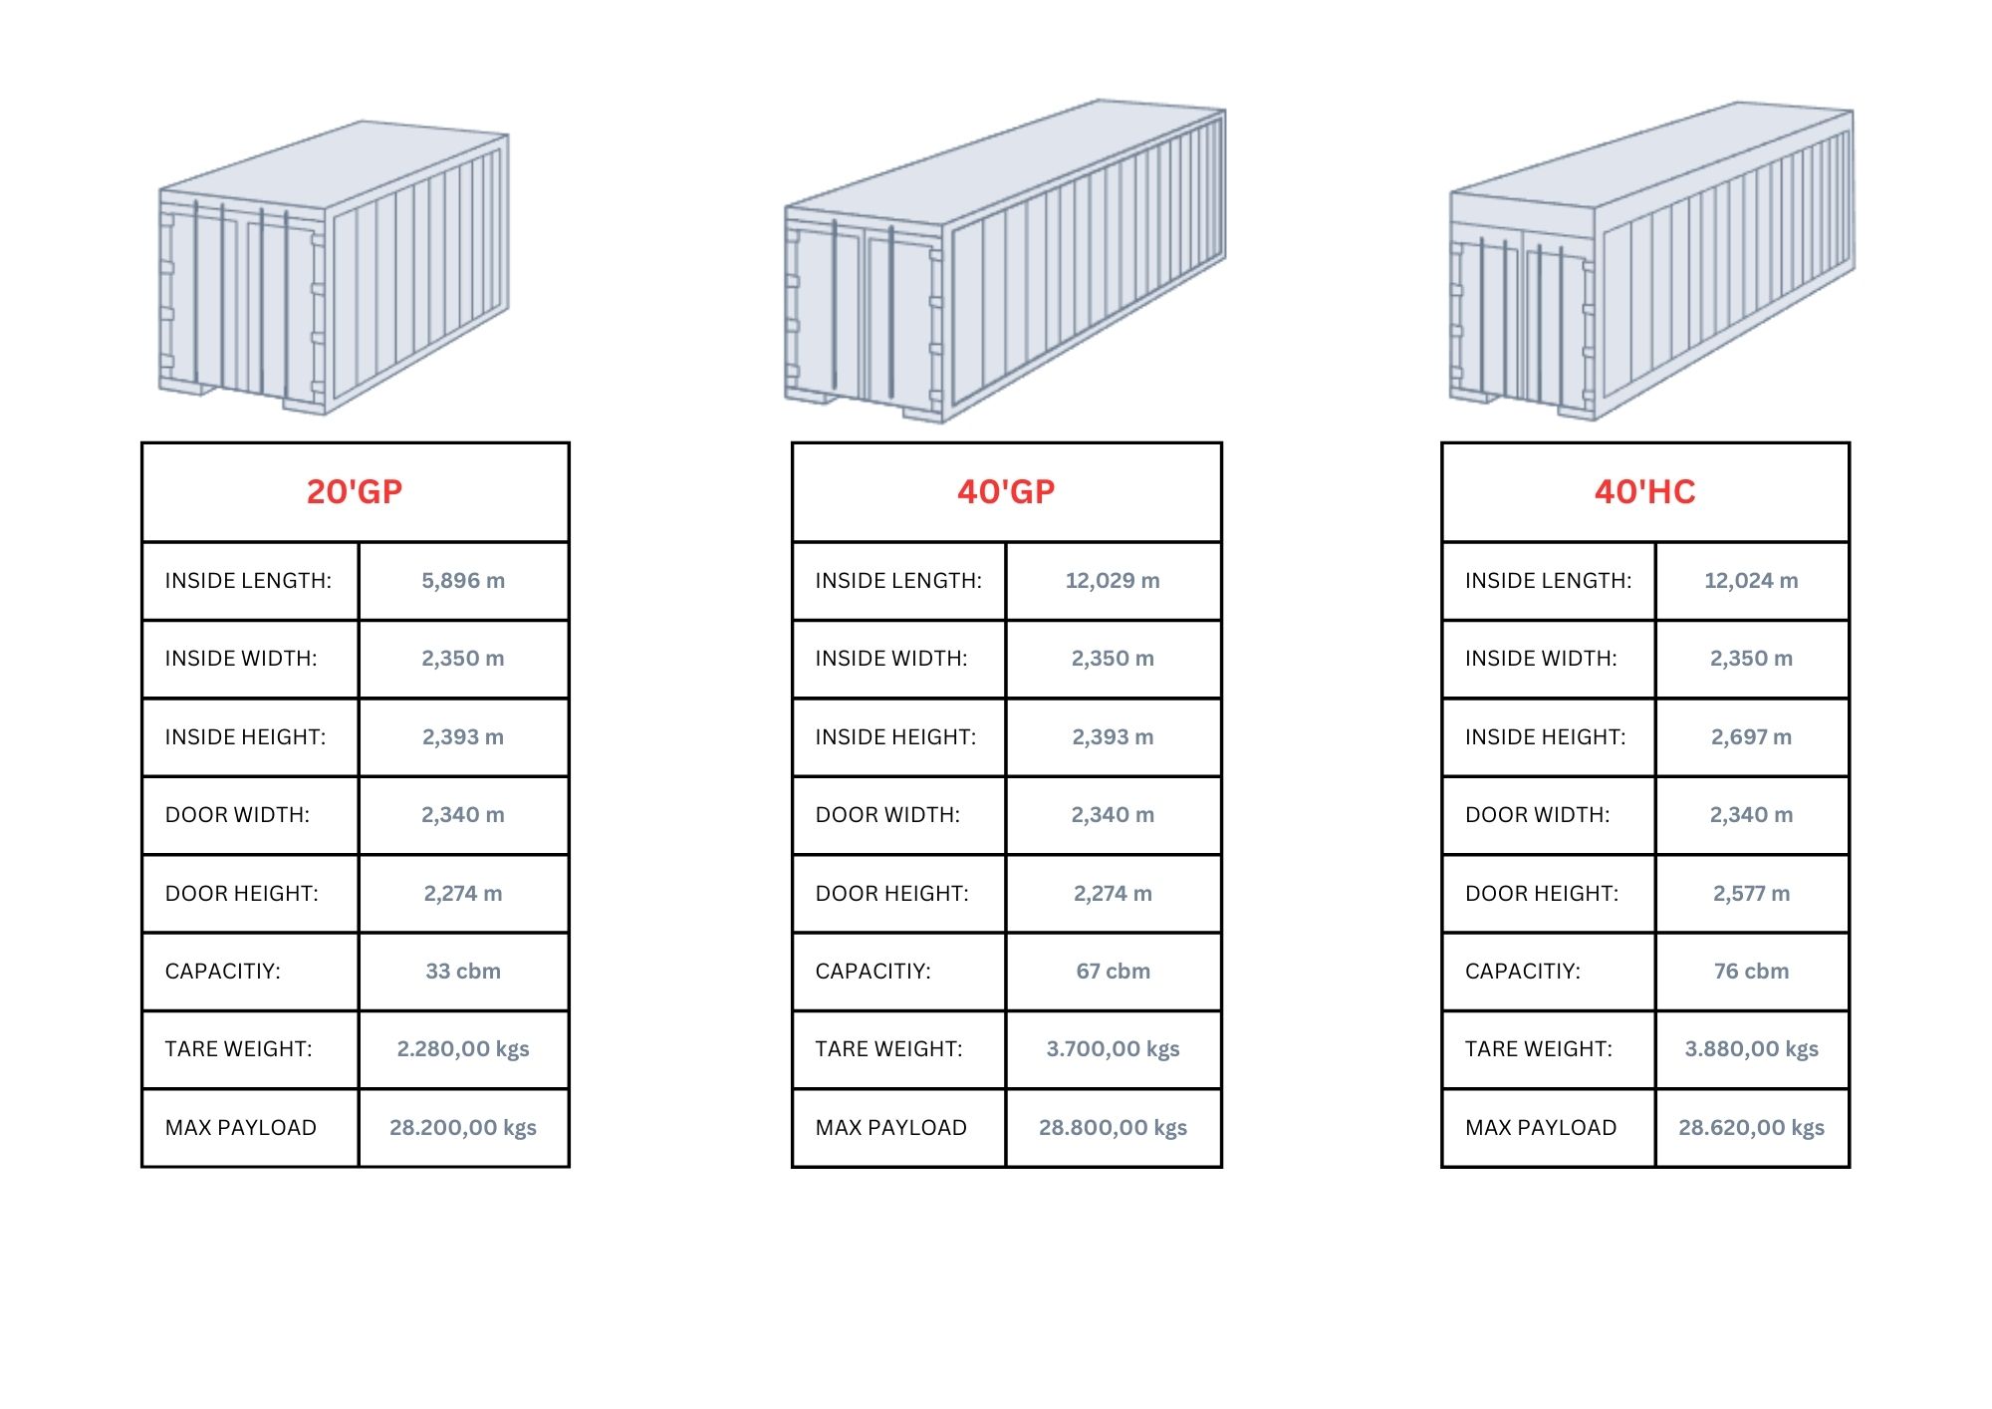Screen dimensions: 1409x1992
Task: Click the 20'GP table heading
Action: [355, 491]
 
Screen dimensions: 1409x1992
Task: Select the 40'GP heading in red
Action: [1006, 491]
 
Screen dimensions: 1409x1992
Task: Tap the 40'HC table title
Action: [1644, 491]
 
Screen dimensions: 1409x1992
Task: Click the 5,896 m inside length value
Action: [463, 580]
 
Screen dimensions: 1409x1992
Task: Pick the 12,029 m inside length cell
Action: [1113, 580]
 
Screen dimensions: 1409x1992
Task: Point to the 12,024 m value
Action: [1751, 580]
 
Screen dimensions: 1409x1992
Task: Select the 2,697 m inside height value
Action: [1751, 736]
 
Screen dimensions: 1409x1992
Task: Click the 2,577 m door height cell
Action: [1751, 893]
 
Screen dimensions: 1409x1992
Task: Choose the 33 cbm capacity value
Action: [463, 971]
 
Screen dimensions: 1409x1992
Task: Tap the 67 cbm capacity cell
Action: [1113, 971]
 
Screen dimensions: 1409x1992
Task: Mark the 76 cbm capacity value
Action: [1751, 971]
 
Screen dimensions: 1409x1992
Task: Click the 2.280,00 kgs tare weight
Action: [463, 1048]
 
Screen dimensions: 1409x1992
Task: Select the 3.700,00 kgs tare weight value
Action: [1113, 1048]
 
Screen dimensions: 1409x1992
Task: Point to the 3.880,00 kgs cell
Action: [1751, 1048]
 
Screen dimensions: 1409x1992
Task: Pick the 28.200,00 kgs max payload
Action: [463, 1127]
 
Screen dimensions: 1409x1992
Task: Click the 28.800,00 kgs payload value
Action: [1113, 1127]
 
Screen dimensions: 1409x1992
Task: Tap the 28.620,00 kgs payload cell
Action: [1751, 1127]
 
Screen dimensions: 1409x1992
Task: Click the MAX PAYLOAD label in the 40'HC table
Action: [1541, 1127]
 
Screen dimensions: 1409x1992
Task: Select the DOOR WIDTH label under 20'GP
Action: [237, 814]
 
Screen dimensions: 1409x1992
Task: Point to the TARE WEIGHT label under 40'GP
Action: [888, 1048]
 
